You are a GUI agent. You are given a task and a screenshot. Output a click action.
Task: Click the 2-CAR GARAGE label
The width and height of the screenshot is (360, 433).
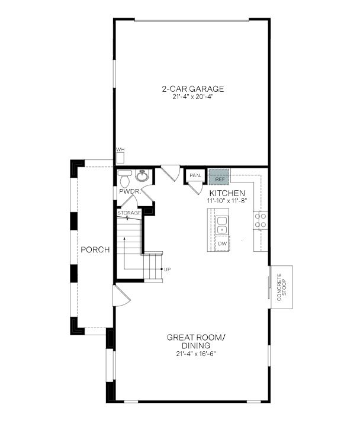192,89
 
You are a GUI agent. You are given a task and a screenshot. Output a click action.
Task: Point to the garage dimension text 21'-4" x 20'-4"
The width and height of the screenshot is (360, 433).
192,97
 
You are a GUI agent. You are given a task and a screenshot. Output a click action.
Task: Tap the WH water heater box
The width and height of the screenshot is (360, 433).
120,158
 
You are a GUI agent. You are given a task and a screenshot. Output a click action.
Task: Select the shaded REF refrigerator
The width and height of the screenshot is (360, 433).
220,177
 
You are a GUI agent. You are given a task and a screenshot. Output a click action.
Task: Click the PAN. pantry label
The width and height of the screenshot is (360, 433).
196,176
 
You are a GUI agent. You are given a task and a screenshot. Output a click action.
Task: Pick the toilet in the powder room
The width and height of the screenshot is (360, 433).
125,178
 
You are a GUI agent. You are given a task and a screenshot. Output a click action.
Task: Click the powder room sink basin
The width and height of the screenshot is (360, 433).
142,176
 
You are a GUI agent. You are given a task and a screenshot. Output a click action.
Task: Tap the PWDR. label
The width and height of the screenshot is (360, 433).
130,191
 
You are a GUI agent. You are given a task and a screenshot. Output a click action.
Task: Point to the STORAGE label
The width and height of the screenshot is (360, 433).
129,213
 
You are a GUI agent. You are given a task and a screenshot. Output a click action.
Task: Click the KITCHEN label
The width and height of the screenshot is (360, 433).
227,193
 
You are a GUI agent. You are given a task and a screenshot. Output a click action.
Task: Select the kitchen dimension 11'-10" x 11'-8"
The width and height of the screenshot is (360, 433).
227,201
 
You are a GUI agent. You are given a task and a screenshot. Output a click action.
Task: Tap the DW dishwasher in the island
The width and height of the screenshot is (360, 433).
222,243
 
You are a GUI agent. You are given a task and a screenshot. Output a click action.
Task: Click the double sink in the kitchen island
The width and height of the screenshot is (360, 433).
221,225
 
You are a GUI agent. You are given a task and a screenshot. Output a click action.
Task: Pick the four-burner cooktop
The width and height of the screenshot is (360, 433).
261,220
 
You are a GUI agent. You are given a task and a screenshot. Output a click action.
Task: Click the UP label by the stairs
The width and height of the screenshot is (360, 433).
168,270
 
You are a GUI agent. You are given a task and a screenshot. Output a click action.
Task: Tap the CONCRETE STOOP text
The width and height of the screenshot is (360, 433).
282,287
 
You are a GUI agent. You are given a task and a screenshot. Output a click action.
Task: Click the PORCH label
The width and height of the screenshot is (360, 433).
95,249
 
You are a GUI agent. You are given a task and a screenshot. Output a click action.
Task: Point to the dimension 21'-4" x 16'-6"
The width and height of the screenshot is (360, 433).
196,354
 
